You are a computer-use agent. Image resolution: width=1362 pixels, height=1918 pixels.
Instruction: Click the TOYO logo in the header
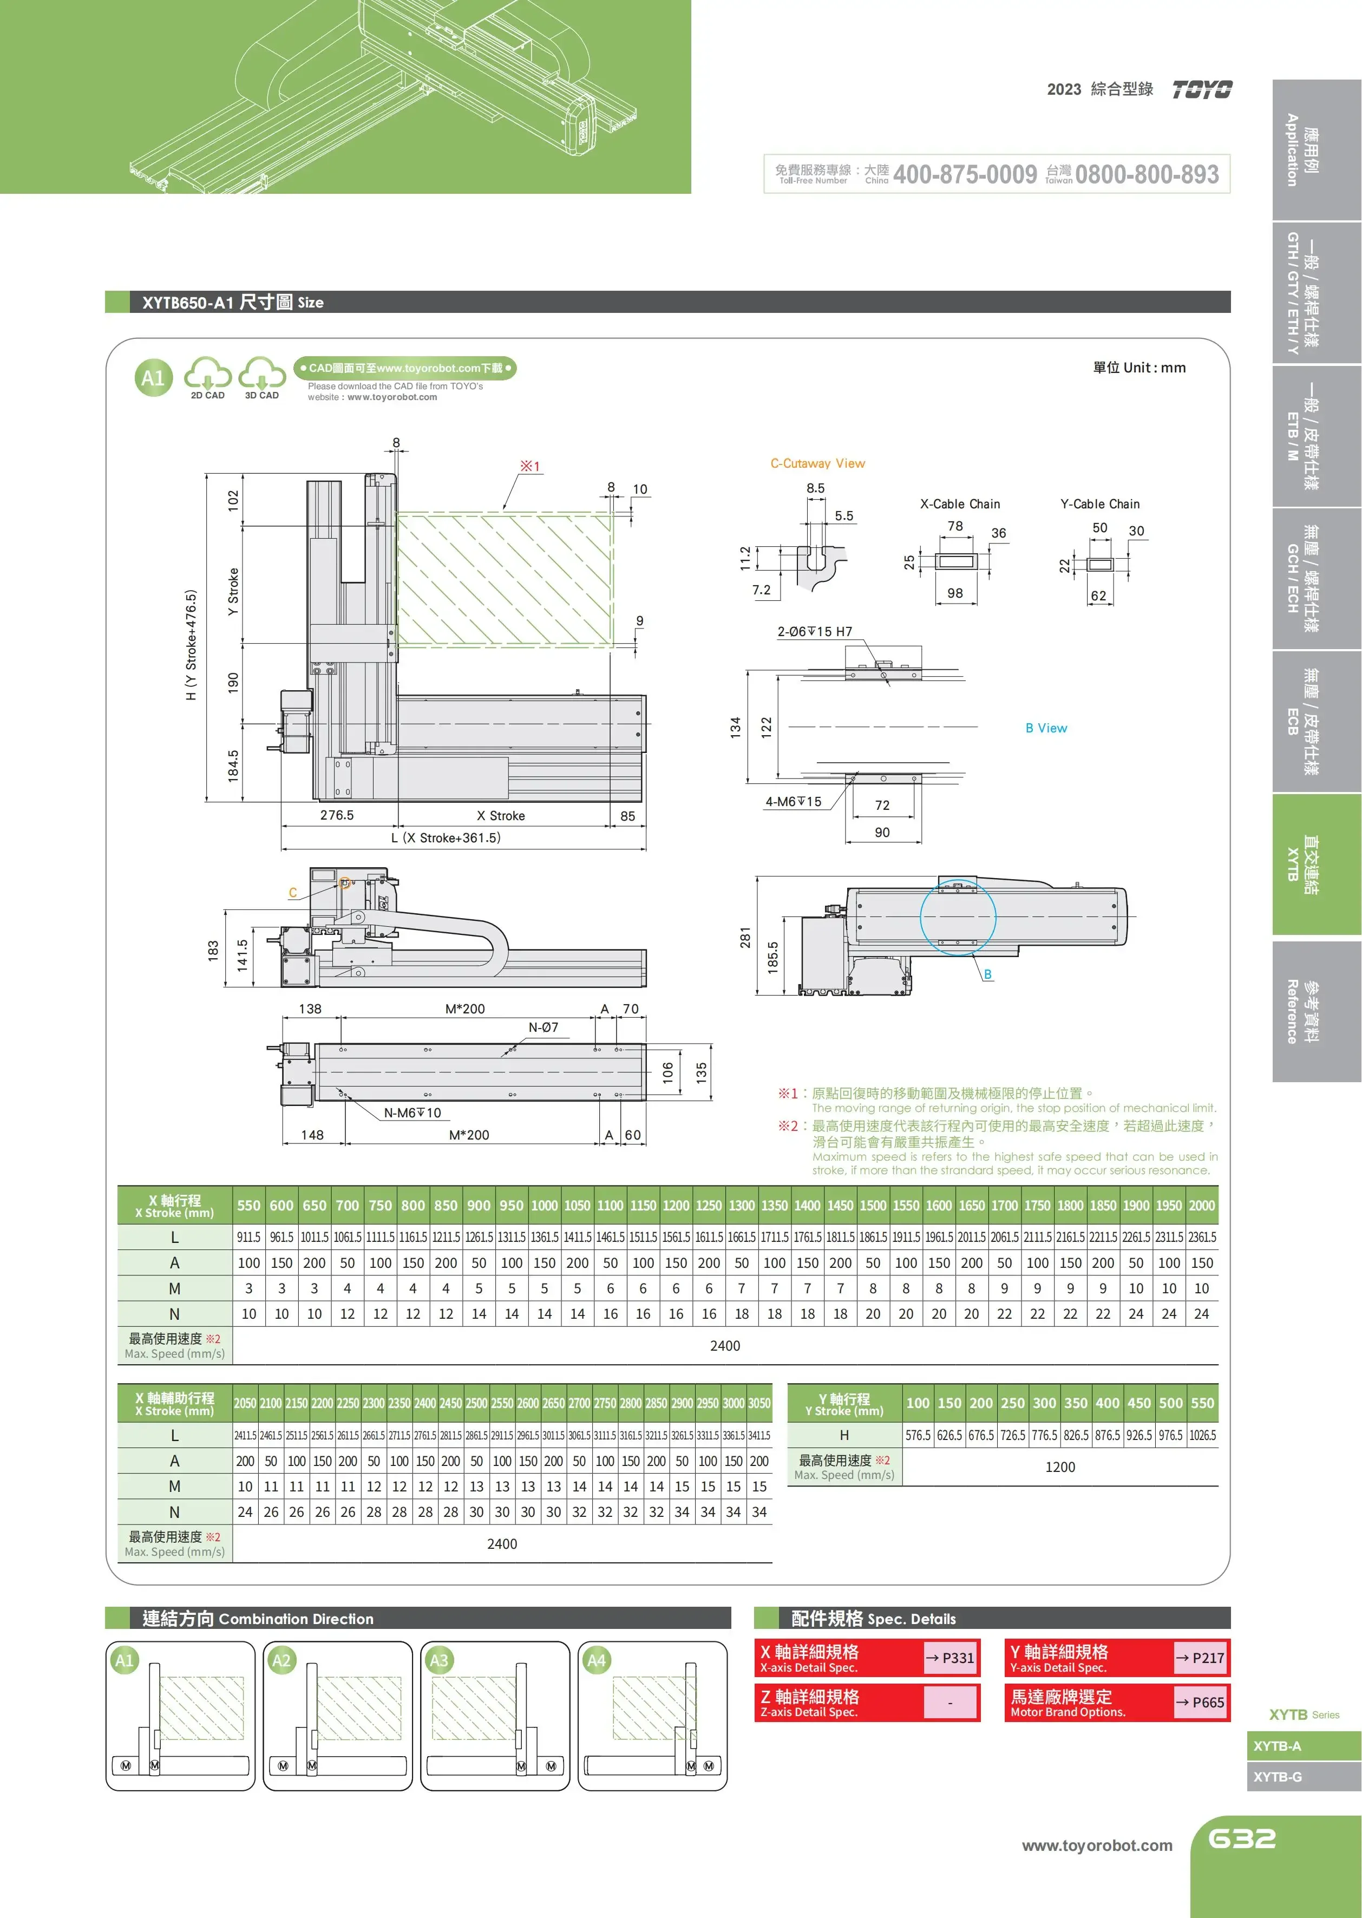tap(1202, 90)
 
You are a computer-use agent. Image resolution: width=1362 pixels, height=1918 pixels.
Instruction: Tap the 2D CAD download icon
tap(207, 377)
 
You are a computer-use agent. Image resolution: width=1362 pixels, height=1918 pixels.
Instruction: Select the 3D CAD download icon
tap(261, 377)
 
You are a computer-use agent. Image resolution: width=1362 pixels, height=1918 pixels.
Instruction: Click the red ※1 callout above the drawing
tap(530, 466)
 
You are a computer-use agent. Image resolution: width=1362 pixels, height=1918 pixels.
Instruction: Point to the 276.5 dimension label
tap(337, 815)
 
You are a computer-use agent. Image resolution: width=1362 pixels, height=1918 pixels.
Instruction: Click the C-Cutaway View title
tap(818, 463)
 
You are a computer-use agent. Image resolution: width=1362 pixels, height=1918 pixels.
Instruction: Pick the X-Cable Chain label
tap(960, 504)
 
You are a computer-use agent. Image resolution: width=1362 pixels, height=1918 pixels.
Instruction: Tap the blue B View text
tap(1046, 728)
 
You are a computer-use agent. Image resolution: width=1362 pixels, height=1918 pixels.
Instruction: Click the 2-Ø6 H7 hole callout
tap(814, 632)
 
